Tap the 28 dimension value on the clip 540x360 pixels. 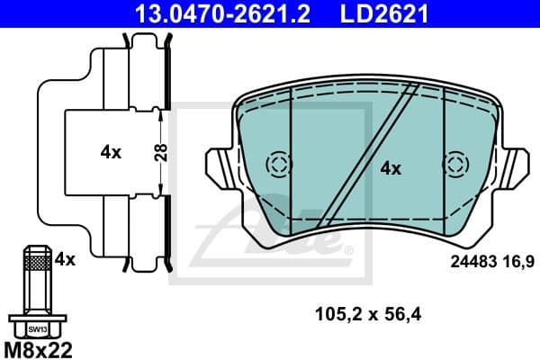161,152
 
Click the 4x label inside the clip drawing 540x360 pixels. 110,152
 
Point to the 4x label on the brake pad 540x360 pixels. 390,167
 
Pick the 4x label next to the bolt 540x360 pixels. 65,259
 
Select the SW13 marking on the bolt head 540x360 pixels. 36,328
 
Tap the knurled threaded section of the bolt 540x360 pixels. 36,263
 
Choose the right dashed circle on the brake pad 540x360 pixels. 455,166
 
